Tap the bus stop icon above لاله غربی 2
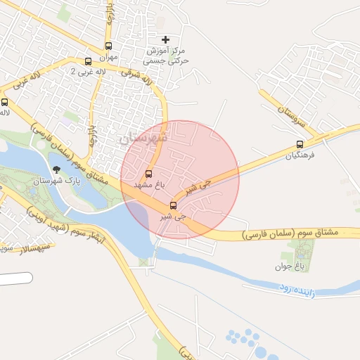click(x=88, y=61)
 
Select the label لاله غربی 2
click(x=91, y=72)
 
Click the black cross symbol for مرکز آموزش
click(x=165, y=39)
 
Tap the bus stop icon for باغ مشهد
click(x=148, y=174)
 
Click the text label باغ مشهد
click(x=149, y=184)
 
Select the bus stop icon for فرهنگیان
click(x=301, y=145)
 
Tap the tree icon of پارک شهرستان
click(x=56, y=169)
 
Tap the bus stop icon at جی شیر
click(x=173, y=205)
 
